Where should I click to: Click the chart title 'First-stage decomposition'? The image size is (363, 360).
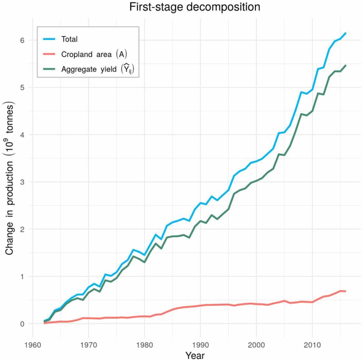click(x=195, y=7)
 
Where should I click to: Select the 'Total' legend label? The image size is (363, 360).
click(x=69, y=39)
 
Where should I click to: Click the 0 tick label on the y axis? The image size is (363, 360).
click(x=22, y=324)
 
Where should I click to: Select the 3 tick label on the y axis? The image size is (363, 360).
click(x=22, y=182)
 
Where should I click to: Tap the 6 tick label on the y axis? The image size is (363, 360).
click(x=22, y=40)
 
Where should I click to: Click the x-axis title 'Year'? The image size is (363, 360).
click(x=195, y=355)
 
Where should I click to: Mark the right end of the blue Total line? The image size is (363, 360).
click(x=346, y=33)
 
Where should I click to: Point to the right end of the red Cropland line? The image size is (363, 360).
click(x=346, y=291)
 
